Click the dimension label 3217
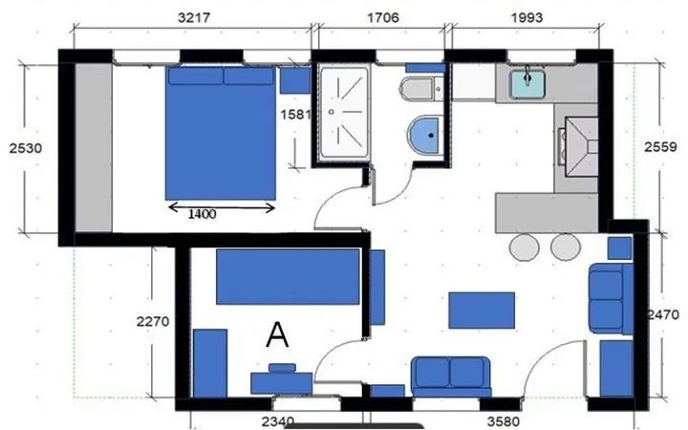pyautogui.click(x=194, y=17)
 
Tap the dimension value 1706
pyautogui.click(x=383, y=17)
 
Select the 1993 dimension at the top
pyautogui.click(x=527, y=17)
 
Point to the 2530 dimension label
pyautogui.click(x=26, y=148)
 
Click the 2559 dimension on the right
pyautogui.click(x=660, y=146)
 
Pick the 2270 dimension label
pyautogui.click(x=153, y=322)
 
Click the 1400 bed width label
pyautogui.click(x=202, y=214)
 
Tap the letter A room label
pyautogui.click(x=277, y=334)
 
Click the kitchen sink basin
pyautogui.click(x=527, y=84)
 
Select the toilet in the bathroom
pyautogui.click(x=420, y=89)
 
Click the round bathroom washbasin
pyautogui.click(x=423, y=135)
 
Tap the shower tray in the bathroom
pyautogui.click(x=344, y=113)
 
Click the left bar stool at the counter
pyautogui.click(x=524, y=247)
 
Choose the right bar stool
pyautogui.click(x=566, y=247)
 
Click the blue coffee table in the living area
pyautogui.click(x=482, y=311)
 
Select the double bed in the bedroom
pyautogui.click(x=221, y=133)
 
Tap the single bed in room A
pyautogui.click(x=288, y=276)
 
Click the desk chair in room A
pyautogui.click(x=282, y=368)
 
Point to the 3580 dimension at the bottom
pyautogui.click(x=504, y=422)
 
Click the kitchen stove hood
pyautogui.click(x=581, y=146)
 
